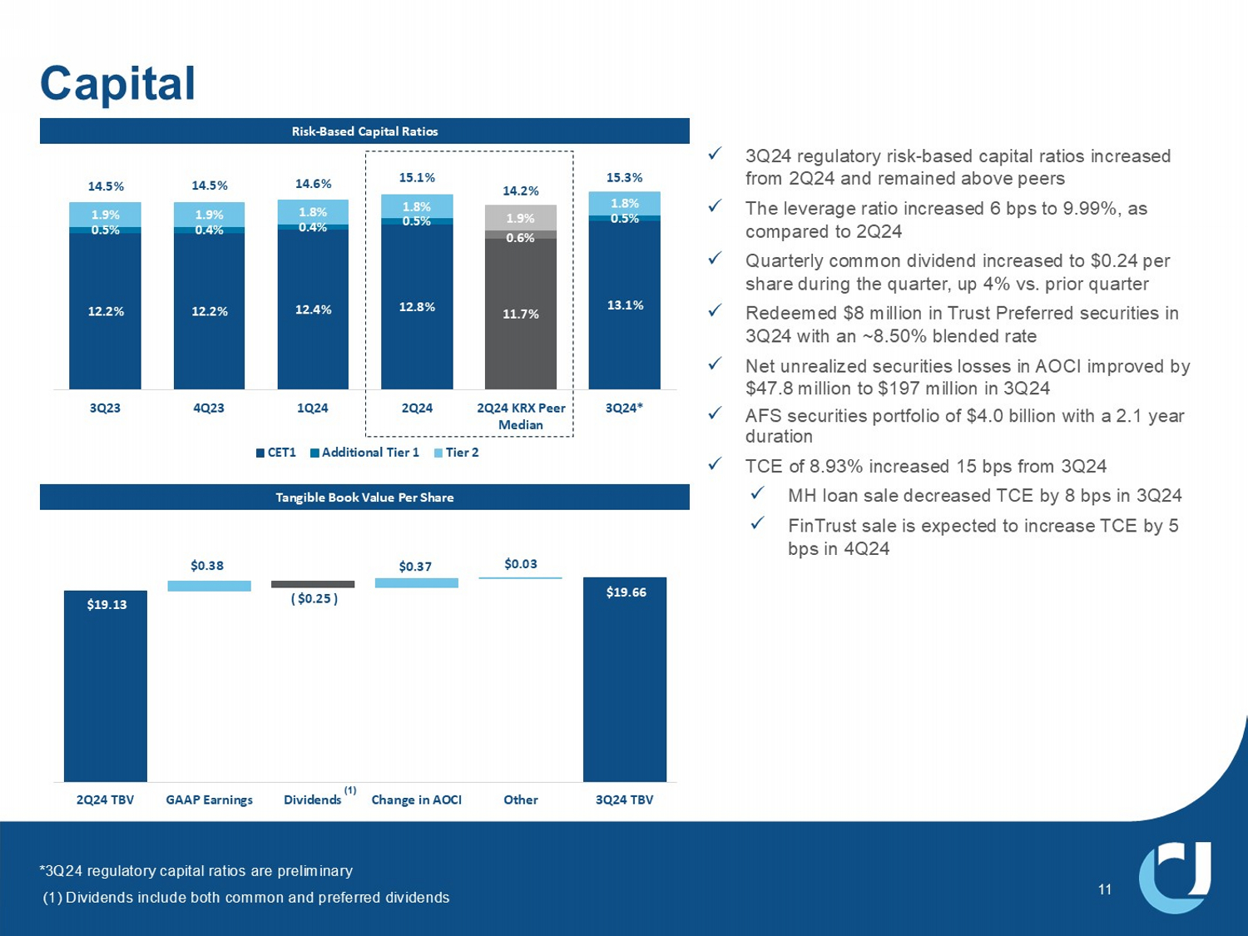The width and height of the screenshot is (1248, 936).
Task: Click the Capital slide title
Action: [x=117, y=84]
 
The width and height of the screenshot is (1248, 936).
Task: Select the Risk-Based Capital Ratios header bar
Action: [x=364, y=131]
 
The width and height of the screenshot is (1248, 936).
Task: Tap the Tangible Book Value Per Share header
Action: [x=364, y=498]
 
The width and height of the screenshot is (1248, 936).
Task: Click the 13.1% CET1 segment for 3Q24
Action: [x=624, y=305]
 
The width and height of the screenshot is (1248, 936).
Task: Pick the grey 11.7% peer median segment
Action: [x=520, y=314]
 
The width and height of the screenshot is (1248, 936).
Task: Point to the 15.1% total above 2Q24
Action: [x=417, y=177]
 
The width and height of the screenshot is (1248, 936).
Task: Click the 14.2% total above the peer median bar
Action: [x=520, y=191]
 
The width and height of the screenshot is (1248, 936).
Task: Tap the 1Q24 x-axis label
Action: [x=312, y=408]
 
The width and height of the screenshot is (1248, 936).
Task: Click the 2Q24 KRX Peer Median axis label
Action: [x=520, y=416]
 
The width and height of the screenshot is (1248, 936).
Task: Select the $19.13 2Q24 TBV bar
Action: [x=106, y=686]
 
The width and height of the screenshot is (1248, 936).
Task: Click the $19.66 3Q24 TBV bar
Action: [x=624, y=679]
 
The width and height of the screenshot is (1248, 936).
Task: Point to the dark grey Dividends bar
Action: [x=313, y=584]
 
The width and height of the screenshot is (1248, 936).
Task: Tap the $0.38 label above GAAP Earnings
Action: [x=207, y=566]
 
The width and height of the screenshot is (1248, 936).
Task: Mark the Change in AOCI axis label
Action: [x=416, y=800]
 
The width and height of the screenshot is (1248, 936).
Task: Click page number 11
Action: [x=1104, y=890]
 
